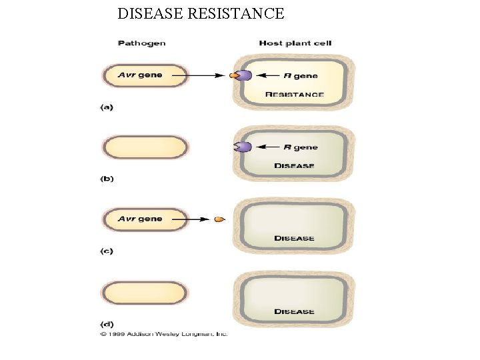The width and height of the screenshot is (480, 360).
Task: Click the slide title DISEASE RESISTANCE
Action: (201, 13)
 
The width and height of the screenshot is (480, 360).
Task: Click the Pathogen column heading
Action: (141, 43)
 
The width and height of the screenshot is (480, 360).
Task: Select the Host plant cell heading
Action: (295, 43)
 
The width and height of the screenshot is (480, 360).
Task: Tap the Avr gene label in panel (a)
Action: (140, 75)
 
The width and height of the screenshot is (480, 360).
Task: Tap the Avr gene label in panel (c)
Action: (140, 219)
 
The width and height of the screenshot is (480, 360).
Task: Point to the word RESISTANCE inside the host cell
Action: (295, 95)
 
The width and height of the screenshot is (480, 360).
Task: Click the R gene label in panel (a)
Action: (301, 75)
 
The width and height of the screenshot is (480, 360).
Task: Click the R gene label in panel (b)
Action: (301, 147)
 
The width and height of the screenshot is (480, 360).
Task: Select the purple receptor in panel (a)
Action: (245, 75)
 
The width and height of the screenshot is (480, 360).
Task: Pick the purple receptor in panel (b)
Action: (244, 147)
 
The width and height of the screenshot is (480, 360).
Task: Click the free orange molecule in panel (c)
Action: (219, 219)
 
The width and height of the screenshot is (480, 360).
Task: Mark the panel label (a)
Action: (106, 107)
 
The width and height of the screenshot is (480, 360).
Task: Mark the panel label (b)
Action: (106, 179)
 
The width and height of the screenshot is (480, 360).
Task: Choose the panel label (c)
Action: (106, 251)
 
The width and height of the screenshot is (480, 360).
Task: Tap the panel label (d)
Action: (106, 324)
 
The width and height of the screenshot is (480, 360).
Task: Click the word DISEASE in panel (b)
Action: (294, 166)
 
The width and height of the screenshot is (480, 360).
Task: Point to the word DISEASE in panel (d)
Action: (294, 311)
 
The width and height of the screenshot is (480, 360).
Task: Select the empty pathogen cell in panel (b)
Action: (145, 147)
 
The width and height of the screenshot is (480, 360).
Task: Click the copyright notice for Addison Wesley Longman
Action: (164, 333)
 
